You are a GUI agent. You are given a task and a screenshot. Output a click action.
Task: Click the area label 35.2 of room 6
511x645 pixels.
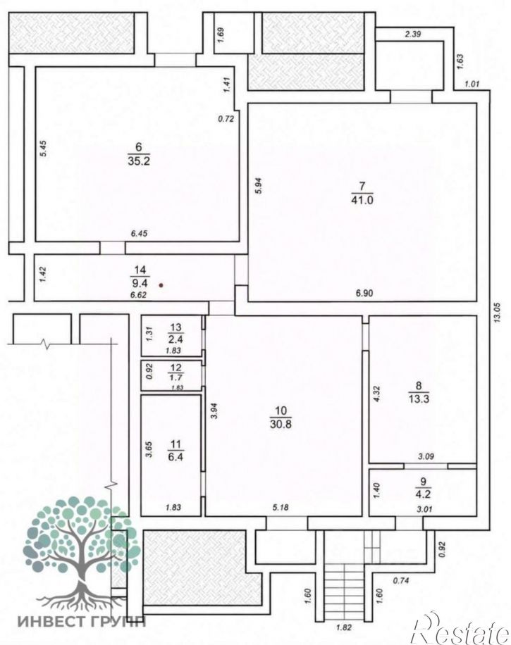click(139, 161)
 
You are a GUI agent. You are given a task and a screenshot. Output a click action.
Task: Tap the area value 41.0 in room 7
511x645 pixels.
click(362, 200)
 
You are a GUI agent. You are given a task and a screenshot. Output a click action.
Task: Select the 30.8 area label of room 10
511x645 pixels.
click(281, 424)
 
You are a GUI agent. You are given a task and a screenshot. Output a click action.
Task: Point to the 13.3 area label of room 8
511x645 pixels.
click(419, 399)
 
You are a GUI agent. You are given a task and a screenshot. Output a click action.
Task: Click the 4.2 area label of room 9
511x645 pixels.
click(424, 494)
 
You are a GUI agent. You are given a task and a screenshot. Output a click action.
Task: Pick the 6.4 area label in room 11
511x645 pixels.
click(176, 457)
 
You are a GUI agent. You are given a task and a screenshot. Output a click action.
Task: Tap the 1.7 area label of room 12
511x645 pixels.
click(176, 377)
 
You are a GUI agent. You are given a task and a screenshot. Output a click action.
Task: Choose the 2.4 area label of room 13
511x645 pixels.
click(176, 340)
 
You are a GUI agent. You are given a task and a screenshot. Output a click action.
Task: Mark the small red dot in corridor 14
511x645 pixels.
click(161, 284)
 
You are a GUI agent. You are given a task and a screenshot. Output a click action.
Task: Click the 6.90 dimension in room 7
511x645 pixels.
click(364, 293)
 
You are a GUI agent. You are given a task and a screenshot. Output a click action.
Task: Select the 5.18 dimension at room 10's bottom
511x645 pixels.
click(280, 508)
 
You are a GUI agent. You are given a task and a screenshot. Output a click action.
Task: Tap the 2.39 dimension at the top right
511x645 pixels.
click(412, 35)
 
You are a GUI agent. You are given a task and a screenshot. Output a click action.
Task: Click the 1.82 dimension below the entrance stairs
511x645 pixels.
click(343, 628)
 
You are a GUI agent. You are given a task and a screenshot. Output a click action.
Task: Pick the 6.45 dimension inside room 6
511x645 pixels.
click(139, 234)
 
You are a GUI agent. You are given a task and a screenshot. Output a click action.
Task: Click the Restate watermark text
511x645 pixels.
click(461, 628)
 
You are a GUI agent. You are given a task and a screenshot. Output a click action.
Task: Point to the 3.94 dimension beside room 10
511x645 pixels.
click(214, 411)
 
